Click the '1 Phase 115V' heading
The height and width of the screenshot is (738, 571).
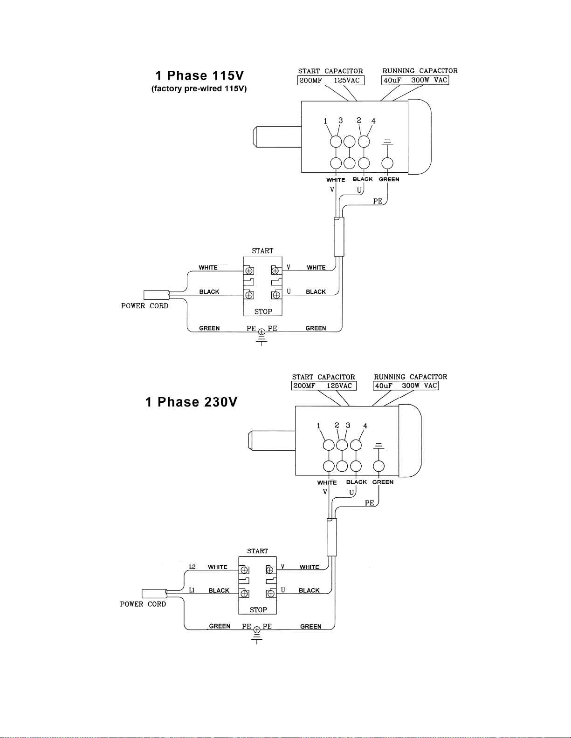(200, 75)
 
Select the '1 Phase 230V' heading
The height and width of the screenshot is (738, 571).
(191, 402)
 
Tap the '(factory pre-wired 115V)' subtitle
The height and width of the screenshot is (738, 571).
(199, 88)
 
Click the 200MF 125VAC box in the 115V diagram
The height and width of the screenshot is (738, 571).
(330, 81)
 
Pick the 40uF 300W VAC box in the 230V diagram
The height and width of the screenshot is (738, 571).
(406, 386)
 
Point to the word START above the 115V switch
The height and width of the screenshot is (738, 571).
(262, 251)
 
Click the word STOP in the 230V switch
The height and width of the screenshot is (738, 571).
(258, 610)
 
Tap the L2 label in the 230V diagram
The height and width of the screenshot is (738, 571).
(193, 567)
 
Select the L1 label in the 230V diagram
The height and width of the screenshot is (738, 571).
(192, 590)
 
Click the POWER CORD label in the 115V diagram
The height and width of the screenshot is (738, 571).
(145, 306)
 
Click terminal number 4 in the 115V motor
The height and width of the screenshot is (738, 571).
(373, 121)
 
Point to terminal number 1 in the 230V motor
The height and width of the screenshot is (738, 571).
(318, 426)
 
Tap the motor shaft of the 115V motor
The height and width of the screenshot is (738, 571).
(277, 136)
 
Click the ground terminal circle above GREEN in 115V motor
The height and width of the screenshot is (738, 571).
(387, 163)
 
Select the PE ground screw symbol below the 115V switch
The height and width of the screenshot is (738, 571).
(261, 332)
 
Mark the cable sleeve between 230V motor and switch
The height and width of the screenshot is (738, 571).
(332, 537)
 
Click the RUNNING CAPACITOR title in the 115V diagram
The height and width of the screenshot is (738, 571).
(420, 71)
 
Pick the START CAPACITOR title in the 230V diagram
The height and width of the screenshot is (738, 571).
(323, 377)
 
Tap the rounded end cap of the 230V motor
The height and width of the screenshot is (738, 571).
(410, 440)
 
